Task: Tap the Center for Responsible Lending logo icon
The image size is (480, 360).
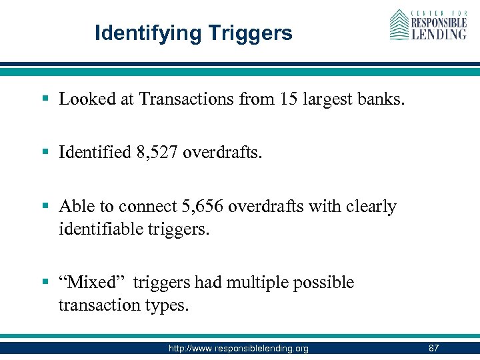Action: pos(399,25)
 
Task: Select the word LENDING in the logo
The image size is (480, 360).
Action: pos(438,33)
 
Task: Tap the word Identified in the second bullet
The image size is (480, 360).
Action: pos(95,153)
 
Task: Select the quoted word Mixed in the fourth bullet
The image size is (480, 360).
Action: pos(93,282)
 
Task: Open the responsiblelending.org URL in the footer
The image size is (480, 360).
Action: pos(238,348)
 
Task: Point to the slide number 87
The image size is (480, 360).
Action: pos(433,348)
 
